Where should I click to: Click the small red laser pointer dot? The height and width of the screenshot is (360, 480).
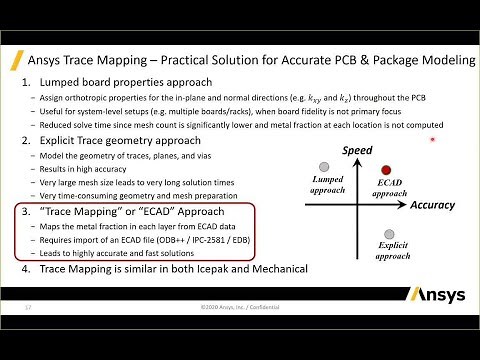(x=432, y=140)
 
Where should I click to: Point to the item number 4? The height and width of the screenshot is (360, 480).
(x=25, y=270)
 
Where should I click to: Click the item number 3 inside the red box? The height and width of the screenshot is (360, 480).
(x=25, y=212)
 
